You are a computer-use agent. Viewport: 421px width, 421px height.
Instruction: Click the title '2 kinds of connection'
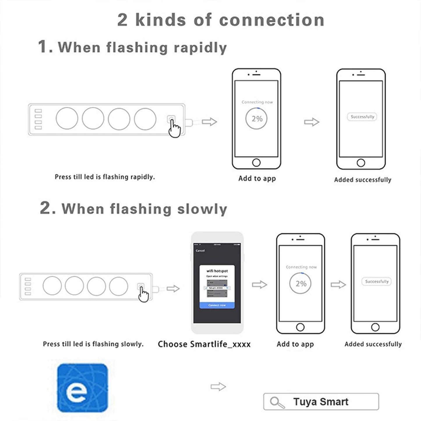[x=221, y=20]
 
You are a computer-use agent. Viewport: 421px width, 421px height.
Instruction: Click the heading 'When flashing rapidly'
[x=142, y=47]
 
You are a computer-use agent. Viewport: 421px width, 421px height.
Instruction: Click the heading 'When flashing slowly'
[x=144, y=209]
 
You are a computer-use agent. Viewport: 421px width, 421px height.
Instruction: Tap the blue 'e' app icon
[x=82, y=387]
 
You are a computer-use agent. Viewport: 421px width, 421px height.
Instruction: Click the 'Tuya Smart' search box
[x=321, y=402]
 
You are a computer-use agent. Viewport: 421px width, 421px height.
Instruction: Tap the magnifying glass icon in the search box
[x=277, y=402]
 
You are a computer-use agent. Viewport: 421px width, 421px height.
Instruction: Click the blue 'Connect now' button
[x=217, y=305]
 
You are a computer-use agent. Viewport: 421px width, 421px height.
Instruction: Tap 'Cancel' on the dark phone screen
[x=200, y=251]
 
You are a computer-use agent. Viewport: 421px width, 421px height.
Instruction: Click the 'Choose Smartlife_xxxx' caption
[x=204, y=344]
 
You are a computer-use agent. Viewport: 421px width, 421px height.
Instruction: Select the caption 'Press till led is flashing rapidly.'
[x=105, y=177]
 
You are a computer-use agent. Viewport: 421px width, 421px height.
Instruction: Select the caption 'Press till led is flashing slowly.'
[x=93, y=344]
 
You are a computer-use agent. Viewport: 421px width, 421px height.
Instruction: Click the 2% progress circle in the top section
[x=257, y=119]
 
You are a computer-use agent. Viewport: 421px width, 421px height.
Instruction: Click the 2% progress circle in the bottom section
[x=300, y=283]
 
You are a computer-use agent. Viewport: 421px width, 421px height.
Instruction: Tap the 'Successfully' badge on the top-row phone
[x=362, y=117]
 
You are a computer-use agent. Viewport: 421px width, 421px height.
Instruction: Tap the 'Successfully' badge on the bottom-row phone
[x=377, y=281]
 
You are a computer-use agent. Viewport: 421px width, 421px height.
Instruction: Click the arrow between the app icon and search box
[x=218, y=387]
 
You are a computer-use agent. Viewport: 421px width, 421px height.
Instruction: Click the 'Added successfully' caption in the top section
[x=362, y=180]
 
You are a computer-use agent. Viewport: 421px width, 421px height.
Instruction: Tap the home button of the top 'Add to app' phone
[x=256, y=162]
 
